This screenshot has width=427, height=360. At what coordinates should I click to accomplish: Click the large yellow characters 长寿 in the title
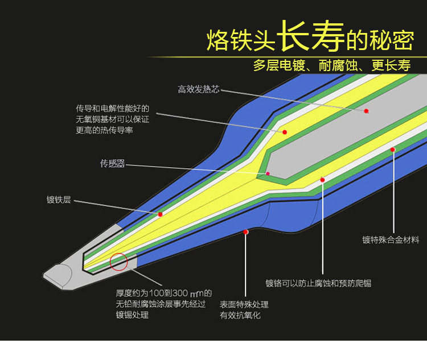[311, 36]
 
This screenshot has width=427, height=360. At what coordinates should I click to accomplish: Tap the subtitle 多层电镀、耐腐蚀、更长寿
[332, 65]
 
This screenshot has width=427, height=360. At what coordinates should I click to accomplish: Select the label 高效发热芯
[198, 89]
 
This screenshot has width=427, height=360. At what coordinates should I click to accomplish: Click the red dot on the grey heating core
[366, 111]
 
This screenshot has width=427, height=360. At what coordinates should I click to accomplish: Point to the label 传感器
[113, 163]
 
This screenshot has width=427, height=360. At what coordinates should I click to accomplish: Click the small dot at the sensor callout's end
[268, 173]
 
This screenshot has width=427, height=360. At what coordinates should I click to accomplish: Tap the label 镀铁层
[59, 200]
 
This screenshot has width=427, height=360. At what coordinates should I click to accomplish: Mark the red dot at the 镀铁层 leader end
[160, 214]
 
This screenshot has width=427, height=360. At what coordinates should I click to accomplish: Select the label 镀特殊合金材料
[391, 240]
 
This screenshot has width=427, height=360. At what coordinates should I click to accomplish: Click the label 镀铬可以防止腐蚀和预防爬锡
[318, 283]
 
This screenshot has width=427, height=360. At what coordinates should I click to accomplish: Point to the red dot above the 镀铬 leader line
[322, 180]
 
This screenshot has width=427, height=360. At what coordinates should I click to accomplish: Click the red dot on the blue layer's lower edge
[245, 232]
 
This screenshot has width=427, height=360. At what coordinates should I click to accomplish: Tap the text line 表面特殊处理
[244, 304]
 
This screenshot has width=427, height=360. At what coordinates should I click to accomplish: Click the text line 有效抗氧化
[240, 316]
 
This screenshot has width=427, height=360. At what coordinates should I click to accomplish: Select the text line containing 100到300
[163, 293]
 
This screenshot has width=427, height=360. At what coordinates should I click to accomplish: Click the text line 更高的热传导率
[104, 130]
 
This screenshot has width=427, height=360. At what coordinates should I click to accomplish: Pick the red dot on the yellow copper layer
[285, 133]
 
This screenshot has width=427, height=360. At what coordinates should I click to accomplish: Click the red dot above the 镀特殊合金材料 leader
[393, 150]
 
